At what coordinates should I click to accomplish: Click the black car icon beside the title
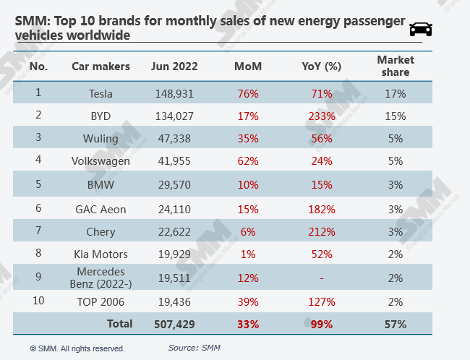[x=421, y=29]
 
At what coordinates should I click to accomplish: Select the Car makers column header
[x=101, y=67]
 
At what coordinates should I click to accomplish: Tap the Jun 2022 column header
[x=174, y=67]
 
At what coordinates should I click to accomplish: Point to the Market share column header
[x=396, y=66]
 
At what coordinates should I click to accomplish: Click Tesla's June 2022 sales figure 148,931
[x=174, y=94]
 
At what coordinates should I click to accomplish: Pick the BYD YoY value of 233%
[x=322, y=116]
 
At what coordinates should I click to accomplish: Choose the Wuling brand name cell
[x=101, y=139]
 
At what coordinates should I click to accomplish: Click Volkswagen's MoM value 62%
[x=248, y=161]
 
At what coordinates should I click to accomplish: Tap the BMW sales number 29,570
[x=174, y=184]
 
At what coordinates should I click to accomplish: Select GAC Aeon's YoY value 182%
[x=322, y=209]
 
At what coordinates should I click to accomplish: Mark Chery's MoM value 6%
[x=248, y=232]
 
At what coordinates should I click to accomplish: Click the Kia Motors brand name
[x=101, y=254]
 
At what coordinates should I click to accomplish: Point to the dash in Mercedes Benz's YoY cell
[x=322, y=278]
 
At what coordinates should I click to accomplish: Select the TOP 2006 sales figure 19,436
[x=174, y=302]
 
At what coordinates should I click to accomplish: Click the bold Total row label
[x=119, y=324]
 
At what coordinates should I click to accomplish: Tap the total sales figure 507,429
[x=174, y=325]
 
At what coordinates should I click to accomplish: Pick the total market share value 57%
[x=396, y=325]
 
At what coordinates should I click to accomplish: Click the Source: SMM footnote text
[x=194, y=348]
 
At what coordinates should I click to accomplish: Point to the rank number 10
[x=38, y=300]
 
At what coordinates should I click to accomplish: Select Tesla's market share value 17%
[x=396, y=94]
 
